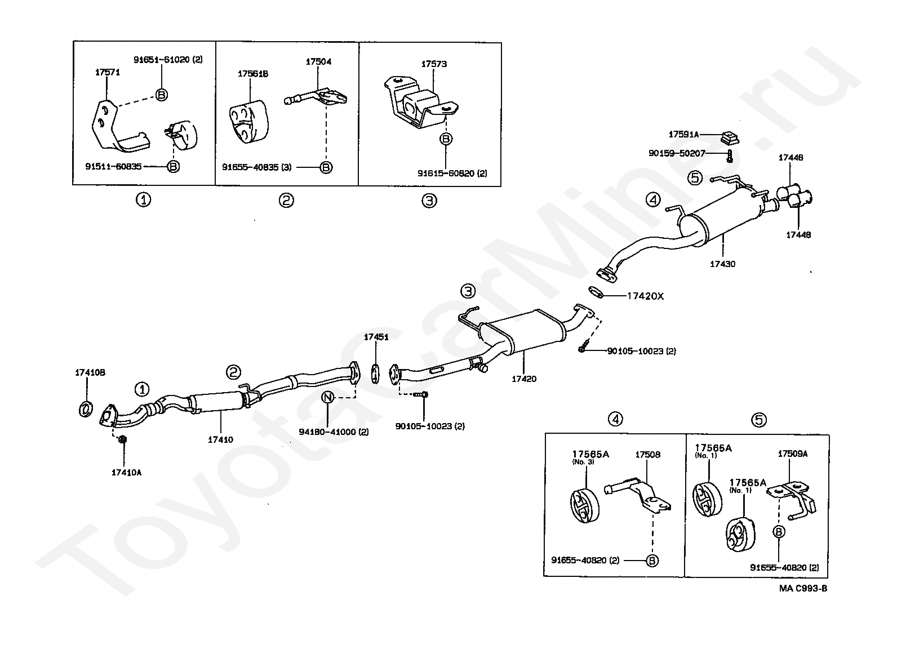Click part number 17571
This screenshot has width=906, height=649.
pos(107,72)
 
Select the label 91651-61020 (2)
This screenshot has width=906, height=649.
pos(167,59)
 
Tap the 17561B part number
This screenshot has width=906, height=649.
pos(252,74)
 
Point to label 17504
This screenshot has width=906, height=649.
pos(318,61)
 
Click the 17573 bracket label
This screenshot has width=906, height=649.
pos(434,64)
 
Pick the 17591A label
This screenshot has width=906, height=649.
pos(683,135)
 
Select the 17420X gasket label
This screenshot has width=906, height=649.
pos(645,296)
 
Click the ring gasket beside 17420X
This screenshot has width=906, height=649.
pos(596,292)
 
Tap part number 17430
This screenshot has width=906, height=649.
pos(722,264)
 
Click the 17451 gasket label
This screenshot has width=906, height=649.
pos(376,337)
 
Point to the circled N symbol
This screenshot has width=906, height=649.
pos(327,398)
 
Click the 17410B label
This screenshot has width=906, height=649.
pos(90,372)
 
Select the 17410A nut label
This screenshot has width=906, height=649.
pos(126,472)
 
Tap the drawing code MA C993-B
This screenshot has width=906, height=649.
pos(803,589)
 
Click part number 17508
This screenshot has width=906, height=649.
pos(648,455)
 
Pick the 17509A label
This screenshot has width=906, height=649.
pos(792,454)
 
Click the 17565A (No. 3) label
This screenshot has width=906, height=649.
pos(590,454)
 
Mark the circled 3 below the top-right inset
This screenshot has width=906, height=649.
pos(429,200)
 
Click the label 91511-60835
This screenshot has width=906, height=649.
pos(113,166)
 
